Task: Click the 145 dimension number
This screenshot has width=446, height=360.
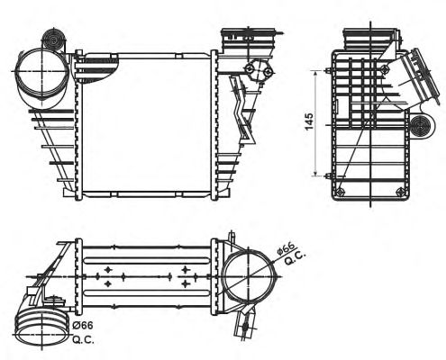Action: pyautogui.click(x=309, y=121)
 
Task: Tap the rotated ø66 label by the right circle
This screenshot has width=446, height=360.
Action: pyautogui.click(x=286, y=248)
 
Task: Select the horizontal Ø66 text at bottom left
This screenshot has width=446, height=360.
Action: pyautogui.click(x=83, y=325)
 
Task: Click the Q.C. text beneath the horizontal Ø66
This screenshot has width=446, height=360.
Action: pyautogui.click(x=84, y=340)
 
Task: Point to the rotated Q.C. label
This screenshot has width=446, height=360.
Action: pyautogui.click(x=295, y=258)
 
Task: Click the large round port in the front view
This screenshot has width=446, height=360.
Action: pyautogui.click(x=41, y=72)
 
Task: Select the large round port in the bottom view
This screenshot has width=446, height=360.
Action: pyautogui.click(x=249, y=275)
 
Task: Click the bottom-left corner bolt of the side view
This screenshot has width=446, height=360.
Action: pyautogui.click(x=340, y=192)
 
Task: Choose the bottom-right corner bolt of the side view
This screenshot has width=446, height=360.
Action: pyautogui.click(x=400, y=191)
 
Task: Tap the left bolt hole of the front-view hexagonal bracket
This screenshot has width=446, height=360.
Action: pyautogui.click(x=250, y=69)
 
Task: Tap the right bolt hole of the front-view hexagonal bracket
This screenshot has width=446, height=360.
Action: pyautogui.click(x=268, y=71)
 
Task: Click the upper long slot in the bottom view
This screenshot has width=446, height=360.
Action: pyautogui.click(x=146, y=260)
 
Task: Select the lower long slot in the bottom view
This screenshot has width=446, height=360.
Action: pyautogui.click(x=146, y=292)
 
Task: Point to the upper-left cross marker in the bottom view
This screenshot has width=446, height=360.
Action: pyautogui.click(x=108, y=269)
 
